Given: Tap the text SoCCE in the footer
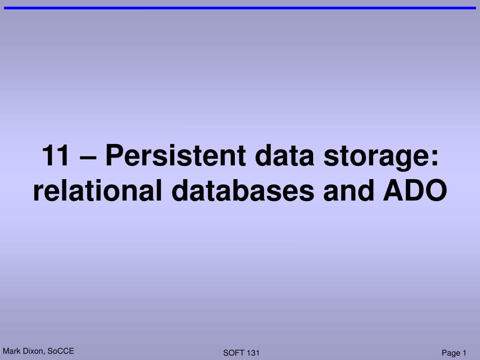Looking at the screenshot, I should click(61, 352).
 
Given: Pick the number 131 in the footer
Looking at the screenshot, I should click(253, 353).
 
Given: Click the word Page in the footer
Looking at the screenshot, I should click(450, 353).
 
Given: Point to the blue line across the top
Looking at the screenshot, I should click(240, 8).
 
